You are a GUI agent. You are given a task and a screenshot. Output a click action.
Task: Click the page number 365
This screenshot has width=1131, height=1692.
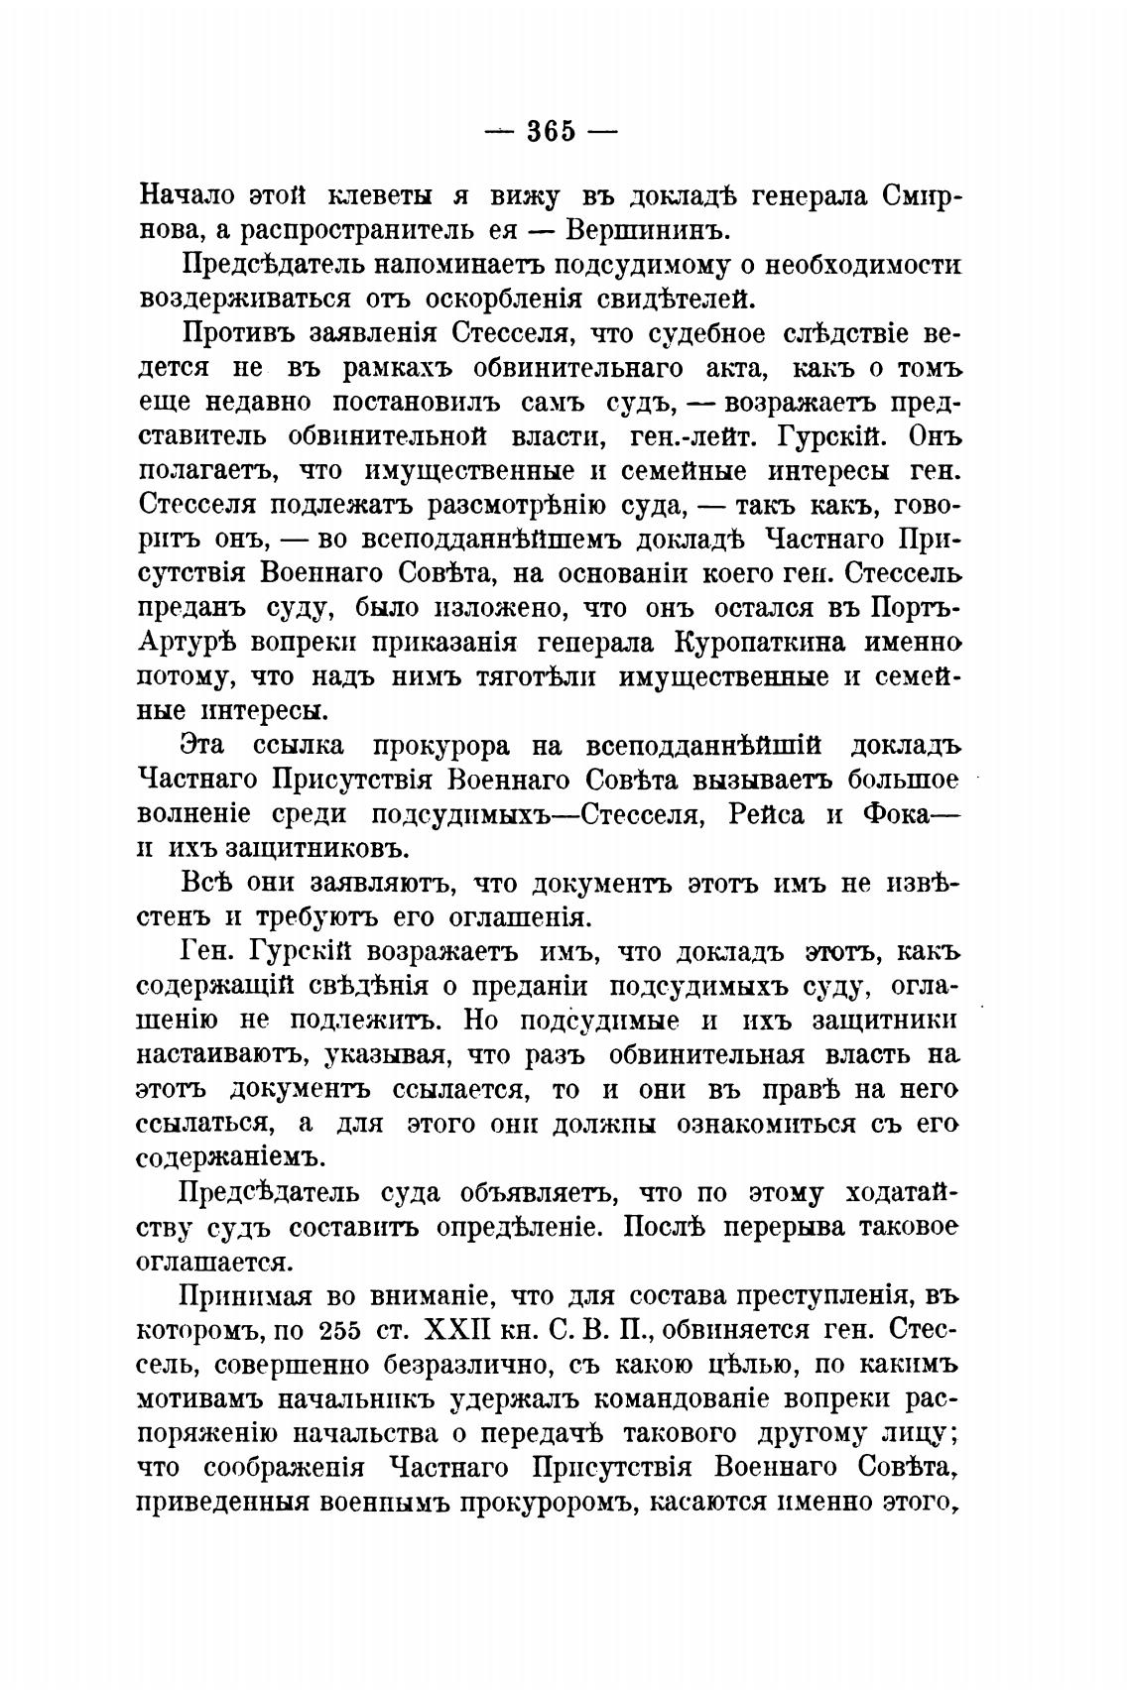click(551, 131)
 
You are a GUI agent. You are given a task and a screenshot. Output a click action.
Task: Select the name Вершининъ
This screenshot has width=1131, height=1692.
click(647, 231)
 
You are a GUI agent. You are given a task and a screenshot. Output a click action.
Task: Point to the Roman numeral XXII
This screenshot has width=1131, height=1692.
click(458, 1330)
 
